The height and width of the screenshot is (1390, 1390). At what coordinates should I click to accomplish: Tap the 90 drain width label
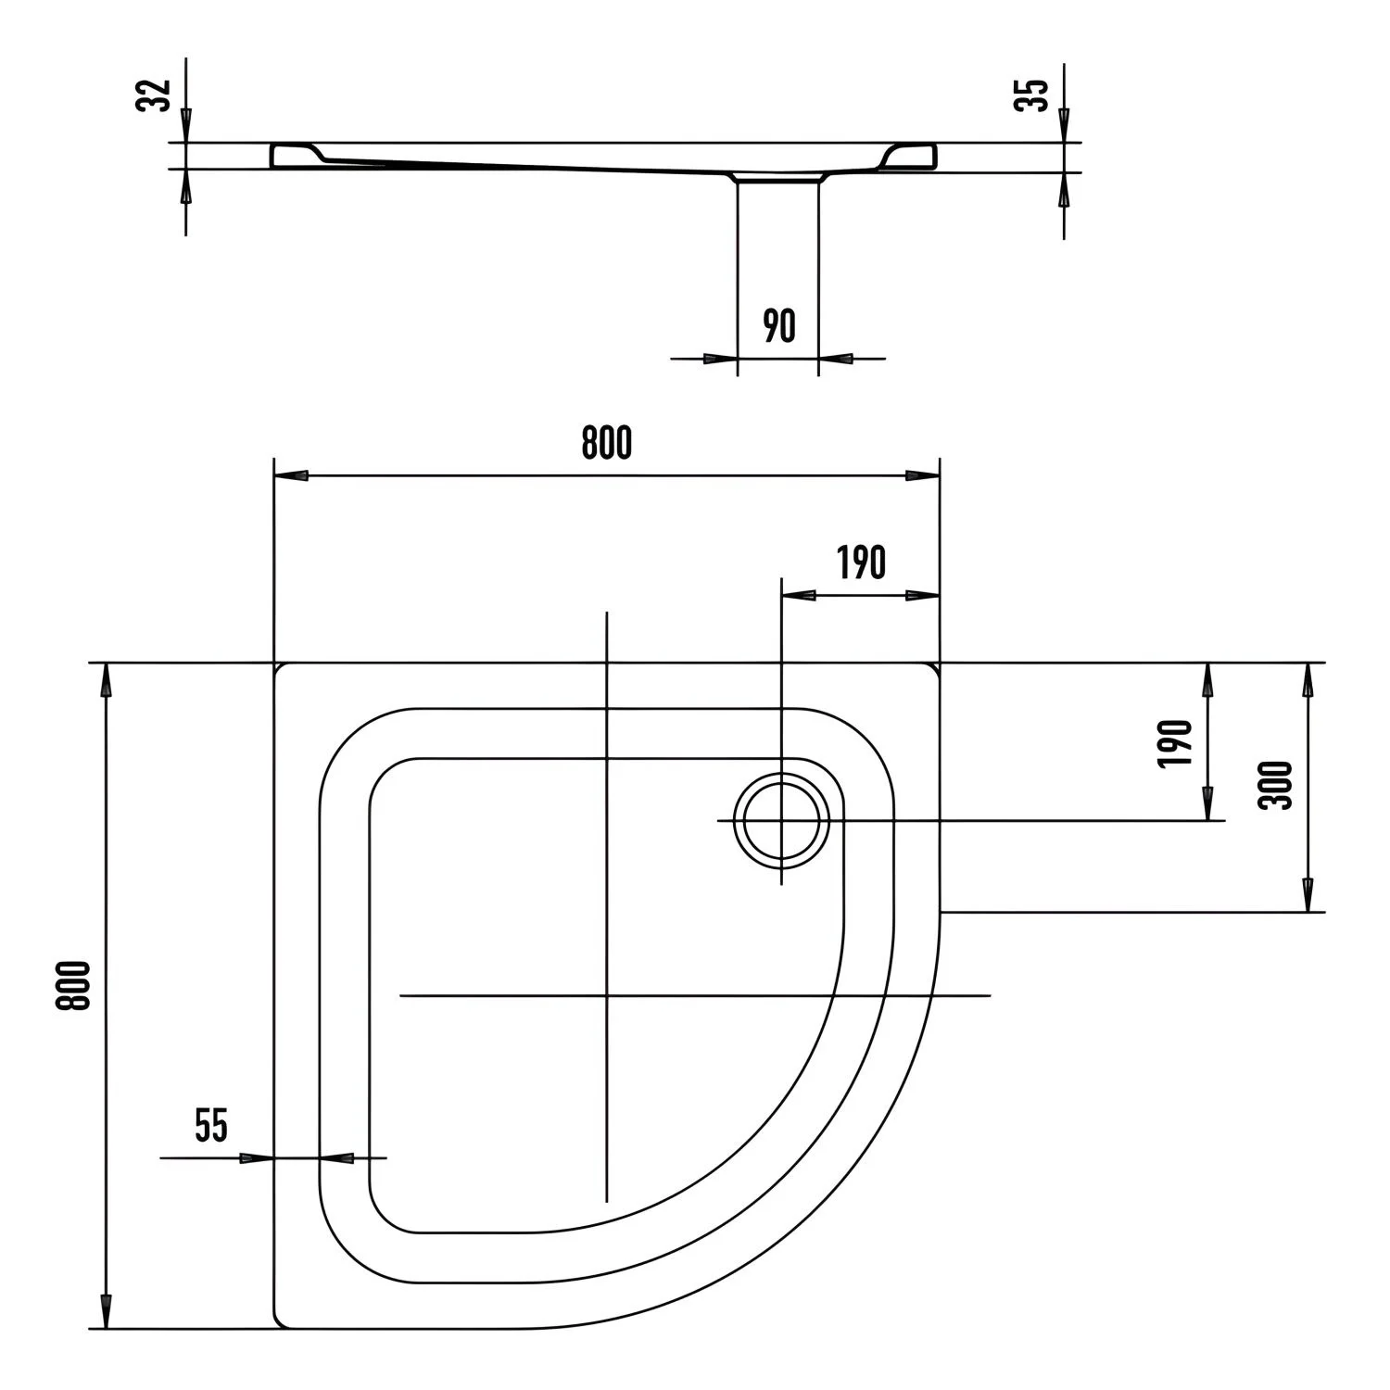779,326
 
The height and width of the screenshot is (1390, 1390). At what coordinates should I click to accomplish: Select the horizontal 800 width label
607,444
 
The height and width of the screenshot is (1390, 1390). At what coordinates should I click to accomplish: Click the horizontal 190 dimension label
862,562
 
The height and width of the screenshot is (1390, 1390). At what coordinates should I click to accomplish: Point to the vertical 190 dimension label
1174,743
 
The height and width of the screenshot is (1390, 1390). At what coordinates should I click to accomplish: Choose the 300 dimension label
1276,785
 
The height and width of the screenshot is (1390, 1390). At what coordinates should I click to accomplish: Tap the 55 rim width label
211,1125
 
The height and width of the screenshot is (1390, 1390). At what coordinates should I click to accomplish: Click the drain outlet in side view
778,178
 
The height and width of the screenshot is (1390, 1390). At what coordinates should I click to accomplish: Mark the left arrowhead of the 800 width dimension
291,475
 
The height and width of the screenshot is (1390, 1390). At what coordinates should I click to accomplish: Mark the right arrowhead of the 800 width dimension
923,475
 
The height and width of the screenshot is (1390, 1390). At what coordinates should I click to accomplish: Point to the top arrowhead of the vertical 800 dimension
107,680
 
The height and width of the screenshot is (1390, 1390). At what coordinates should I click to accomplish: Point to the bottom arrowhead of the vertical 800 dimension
107,1312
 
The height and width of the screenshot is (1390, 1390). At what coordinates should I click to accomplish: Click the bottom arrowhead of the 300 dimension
1308,895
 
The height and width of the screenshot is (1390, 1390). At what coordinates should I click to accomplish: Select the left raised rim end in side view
297,155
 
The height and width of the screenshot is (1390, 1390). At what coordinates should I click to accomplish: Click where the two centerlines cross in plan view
606,995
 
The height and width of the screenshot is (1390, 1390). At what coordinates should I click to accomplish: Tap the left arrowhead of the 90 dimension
720,358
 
